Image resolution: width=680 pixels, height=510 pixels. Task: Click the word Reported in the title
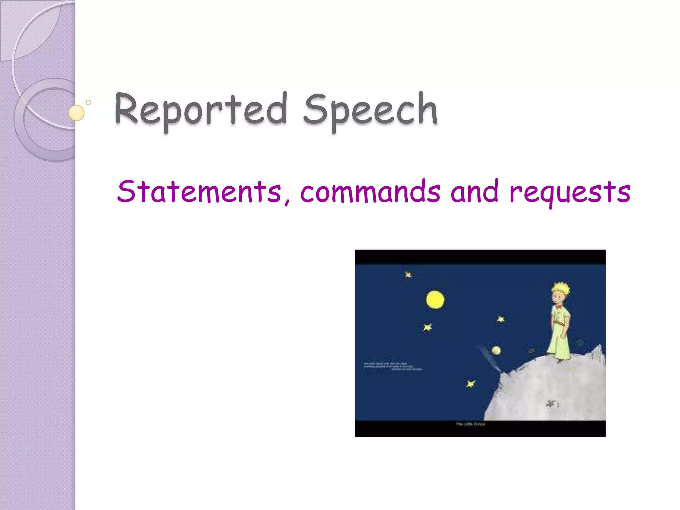pos(201,110)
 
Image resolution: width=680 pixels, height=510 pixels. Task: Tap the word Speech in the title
pos(370,110)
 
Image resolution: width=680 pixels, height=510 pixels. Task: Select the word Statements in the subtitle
pos(199,192)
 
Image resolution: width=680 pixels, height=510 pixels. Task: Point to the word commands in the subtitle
pos(370,192)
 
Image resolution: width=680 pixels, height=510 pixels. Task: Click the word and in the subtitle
pos(474,192)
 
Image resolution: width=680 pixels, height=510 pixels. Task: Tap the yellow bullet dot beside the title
pos(76,113)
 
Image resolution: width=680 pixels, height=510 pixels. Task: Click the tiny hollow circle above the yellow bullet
pos(88,102)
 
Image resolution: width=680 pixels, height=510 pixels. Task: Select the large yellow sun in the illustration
pos(435,299)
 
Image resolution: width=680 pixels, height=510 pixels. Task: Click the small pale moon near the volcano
pos(496,350)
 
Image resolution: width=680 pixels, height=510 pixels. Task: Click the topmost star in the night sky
pos(408,275)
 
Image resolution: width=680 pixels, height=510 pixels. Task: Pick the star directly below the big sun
pos(428,327)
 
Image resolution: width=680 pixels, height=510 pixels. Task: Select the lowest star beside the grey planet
pos(470,384)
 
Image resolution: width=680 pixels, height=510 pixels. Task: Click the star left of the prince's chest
pos(501,319)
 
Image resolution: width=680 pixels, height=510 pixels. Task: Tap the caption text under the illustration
pos(470,424)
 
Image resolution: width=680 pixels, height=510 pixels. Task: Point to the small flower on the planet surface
pos(552,404)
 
